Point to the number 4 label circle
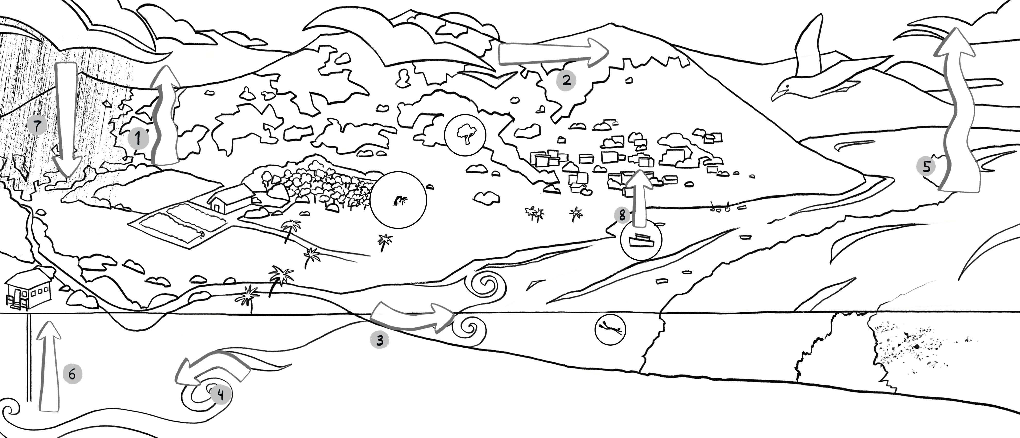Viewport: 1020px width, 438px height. coord(221,394)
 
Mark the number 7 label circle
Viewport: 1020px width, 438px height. coord(37,126)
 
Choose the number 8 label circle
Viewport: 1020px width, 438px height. coord(622,215)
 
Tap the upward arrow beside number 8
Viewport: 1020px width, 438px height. coord(638,198)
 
